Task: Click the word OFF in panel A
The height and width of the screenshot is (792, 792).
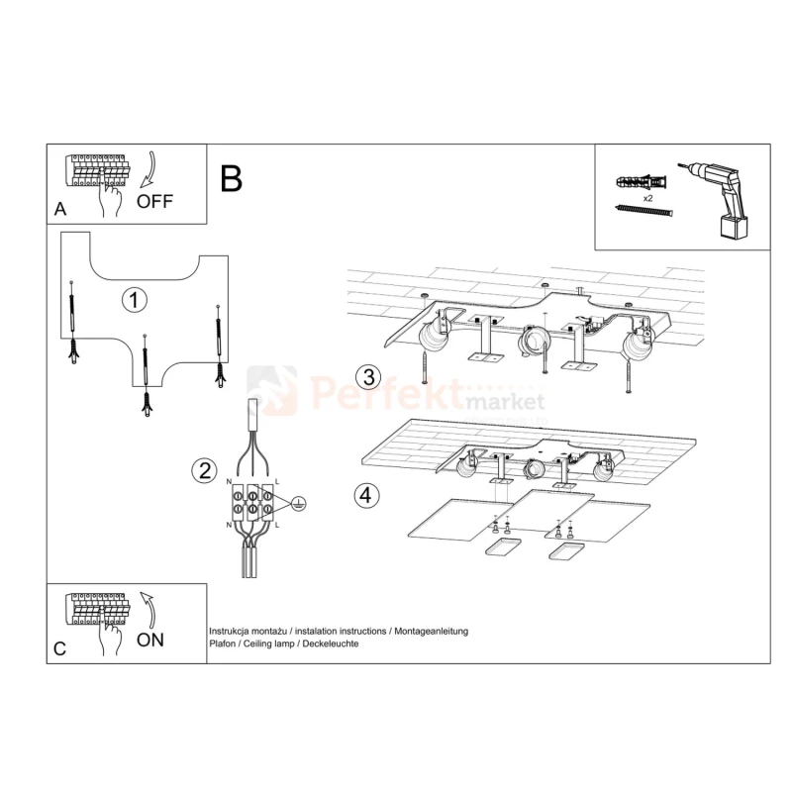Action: click(154, 202)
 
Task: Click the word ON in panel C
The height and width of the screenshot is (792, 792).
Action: click(150, 640)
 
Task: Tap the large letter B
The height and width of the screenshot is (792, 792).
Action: click(232, 179)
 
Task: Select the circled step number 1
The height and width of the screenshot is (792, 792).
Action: click(134, 300)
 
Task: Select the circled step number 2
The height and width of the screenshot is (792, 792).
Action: click(205, 470)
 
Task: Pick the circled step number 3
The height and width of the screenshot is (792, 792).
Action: click(368, 377)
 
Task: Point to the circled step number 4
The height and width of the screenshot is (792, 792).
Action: click(366, 496)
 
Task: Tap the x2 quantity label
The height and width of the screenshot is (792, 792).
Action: click(647, 198)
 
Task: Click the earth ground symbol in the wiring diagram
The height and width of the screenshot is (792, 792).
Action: click(299, 503)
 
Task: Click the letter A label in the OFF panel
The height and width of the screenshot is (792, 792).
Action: click(60, 209)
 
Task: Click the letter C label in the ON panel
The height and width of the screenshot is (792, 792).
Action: click(59, 648)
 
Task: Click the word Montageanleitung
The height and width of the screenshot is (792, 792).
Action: click(431, 632)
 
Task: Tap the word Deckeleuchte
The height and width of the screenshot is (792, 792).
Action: click(331, 643)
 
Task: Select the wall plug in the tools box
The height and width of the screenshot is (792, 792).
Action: click(642, 181)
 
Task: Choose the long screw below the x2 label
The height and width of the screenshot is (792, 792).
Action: click(644, 210)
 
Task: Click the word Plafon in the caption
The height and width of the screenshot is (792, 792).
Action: click(222, 643)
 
